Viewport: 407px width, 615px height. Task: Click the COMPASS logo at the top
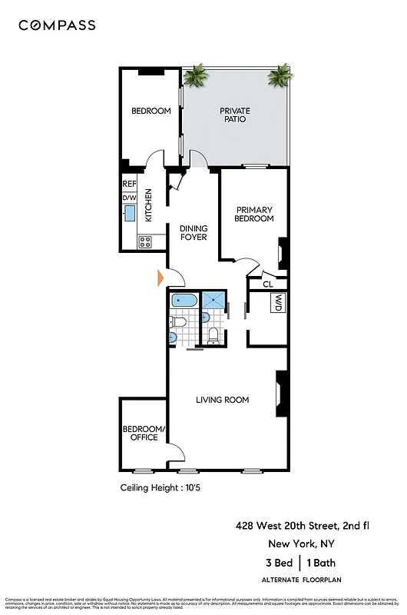(57, 25)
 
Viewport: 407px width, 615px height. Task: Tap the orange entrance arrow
(161, 277)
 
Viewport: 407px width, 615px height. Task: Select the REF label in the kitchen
(129, 184)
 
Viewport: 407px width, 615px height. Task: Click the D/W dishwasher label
(129, 198)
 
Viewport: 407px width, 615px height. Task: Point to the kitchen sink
(129, 213)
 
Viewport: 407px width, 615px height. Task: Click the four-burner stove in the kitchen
(144, 241)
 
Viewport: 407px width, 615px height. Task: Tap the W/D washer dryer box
(277, 304)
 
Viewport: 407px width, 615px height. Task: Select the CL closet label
(267, 284)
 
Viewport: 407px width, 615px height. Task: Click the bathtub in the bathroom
(183, 301)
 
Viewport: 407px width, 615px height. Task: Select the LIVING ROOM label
(223, 400)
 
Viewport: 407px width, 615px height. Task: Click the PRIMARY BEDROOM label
(254, 214)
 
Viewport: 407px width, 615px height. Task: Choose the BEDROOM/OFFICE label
(141, 433)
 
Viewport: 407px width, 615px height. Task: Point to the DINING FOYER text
(194, 233)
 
